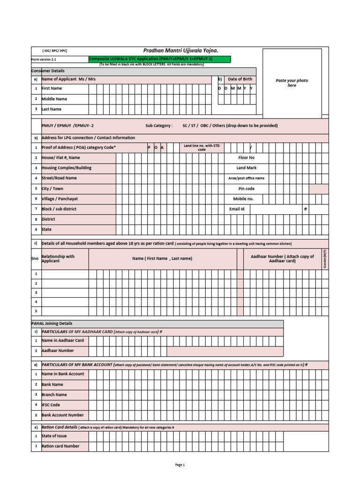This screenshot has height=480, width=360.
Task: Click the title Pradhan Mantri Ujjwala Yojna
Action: coord(180,51)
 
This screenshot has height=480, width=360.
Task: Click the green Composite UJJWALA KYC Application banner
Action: coord(159,59)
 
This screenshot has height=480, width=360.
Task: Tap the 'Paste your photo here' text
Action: coord(292,83)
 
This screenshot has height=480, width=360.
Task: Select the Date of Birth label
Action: coord(240,79)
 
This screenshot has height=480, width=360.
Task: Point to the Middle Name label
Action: coord(54,99)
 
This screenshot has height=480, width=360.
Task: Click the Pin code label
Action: coord(247,188)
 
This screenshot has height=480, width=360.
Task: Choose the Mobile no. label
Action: coord(243,199)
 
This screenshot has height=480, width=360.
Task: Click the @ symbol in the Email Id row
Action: coord(305,209)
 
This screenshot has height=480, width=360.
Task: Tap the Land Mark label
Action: coord(247,168)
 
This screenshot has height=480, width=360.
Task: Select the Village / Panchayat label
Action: coord(60,199)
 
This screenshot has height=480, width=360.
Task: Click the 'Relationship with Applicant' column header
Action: coord(58,258)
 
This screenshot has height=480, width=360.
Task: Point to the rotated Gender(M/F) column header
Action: coord(325,259)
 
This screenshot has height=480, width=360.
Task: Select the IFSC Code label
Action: coord(51,405)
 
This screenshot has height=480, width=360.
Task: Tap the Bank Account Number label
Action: coord(63,415)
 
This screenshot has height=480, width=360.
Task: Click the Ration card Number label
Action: coord(60,446)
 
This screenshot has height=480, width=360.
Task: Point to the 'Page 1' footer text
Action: coord(180,465)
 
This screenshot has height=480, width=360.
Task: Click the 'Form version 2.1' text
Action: coord(44,60)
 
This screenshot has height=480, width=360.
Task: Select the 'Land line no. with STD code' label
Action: coord(202,148)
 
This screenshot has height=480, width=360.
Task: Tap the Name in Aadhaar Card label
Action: coord(63,340)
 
